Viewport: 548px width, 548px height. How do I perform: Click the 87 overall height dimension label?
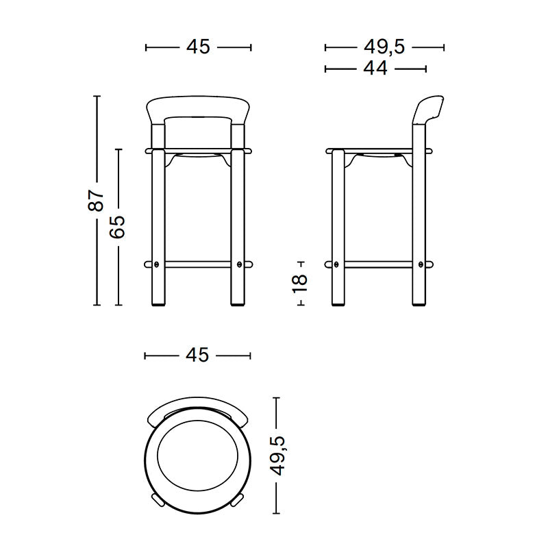tap(98, 200)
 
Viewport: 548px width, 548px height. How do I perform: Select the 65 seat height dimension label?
tap(118, 226)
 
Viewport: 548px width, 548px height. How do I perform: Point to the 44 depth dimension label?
tap(375, 68)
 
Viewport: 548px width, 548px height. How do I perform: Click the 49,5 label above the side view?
tap(384, 47)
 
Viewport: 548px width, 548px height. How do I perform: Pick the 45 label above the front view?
tap(198, 47)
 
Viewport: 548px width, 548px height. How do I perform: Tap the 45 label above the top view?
tap(197, 355)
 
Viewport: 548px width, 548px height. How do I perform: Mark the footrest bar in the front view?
tap(198, 263)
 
